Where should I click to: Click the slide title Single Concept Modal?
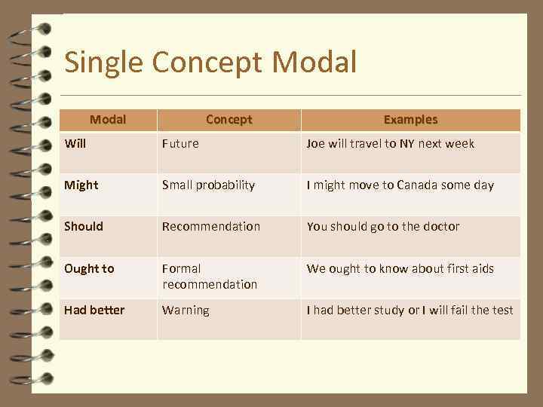pos(210,62)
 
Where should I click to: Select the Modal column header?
pos(108,119)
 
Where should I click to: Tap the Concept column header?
pos(229,119)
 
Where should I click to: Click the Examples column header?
pos(410,119)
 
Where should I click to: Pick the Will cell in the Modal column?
pos(75,143)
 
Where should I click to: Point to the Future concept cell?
pos(180,143)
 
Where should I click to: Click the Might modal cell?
pos(81,185)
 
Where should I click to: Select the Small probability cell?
pos(208,185)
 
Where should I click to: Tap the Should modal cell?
pos(84,226)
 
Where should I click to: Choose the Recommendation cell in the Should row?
pos(211,226)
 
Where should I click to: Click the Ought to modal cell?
pos(89,268)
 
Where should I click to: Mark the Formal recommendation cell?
pos(210,276)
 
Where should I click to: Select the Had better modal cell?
pos(94,310)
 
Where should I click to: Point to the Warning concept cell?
pos(186,310)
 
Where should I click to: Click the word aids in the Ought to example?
pos(480,268)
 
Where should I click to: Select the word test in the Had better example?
pos(502,310)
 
